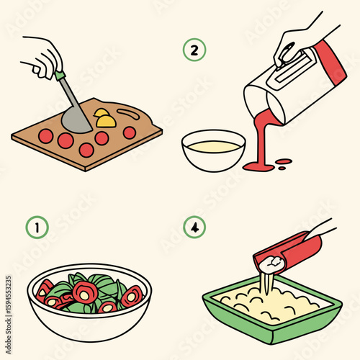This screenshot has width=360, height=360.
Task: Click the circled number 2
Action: (x=193, y=50)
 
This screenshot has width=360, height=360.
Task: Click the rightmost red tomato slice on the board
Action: (x=129, y=132)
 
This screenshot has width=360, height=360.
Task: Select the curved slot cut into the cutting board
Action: (x=127, y=112)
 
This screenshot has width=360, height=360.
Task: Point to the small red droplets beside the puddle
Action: (x=284, y=163)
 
